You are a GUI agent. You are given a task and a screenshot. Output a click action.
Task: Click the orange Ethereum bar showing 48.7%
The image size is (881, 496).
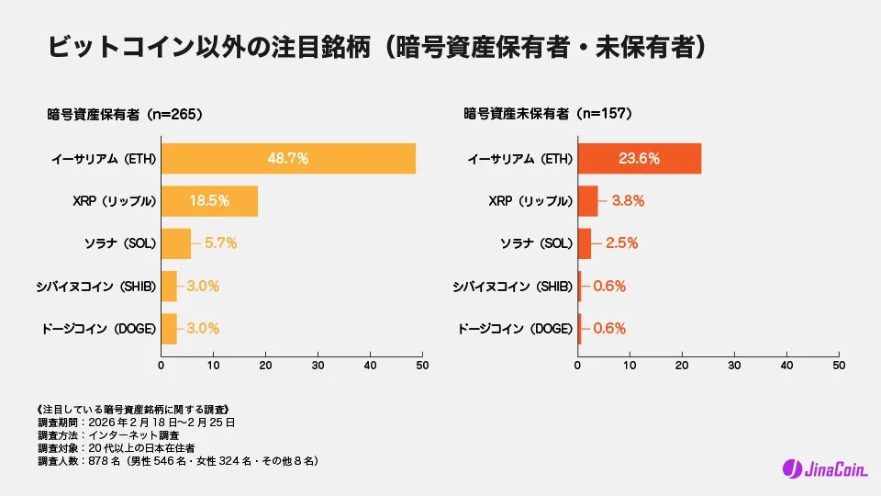pos(288,159)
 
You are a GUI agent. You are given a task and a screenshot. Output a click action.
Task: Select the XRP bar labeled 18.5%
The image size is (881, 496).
pos(209,200)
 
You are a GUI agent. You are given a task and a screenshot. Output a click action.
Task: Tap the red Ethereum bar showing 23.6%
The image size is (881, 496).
pos(639,159)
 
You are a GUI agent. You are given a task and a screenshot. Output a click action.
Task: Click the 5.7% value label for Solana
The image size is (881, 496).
pos(220,243)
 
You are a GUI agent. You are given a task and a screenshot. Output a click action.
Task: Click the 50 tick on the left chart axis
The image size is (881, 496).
pos(422,366)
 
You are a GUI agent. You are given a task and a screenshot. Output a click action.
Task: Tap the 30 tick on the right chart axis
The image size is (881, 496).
pos(734,366)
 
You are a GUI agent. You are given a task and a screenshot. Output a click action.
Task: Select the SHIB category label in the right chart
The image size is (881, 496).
pos(512,286)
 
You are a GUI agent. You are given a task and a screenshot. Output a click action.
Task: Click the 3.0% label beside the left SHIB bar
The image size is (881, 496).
pos(203,286)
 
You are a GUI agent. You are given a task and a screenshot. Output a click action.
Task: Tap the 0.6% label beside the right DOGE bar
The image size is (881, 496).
pos(609,328)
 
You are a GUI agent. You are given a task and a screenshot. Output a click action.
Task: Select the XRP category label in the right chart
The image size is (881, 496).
pos(527,200)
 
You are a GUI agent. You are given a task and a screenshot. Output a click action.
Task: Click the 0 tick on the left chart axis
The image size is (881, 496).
pos(162,366)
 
